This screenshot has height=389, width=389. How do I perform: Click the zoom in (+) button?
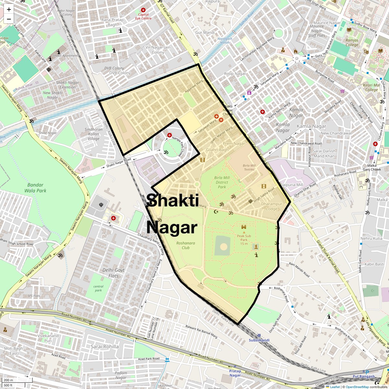[x=9, y=9]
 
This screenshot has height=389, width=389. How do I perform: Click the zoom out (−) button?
[x=9, y=19]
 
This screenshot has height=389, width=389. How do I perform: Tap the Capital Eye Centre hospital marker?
[x=143, y=10]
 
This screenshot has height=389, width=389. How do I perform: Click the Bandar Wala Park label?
[x=35, y=188]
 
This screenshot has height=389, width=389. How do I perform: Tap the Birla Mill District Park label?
[x=222, y=182]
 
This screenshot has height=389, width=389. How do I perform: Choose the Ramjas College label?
[x=352, y=42]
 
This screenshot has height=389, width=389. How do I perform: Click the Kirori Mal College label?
[x=371, y=88]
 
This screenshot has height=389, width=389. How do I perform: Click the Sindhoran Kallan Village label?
[x=94, y=134]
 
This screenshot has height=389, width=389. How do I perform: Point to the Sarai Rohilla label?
[x=105, y=347]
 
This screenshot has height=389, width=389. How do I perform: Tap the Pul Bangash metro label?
[x=364, y=376]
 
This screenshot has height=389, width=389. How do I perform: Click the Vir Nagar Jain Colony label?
[x=158, y=50]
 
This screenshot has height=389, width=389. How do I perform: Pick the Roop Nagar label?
[x=235, y=74]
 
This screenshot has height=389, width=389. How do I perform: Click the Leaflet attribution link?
[x=335, y=387]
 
